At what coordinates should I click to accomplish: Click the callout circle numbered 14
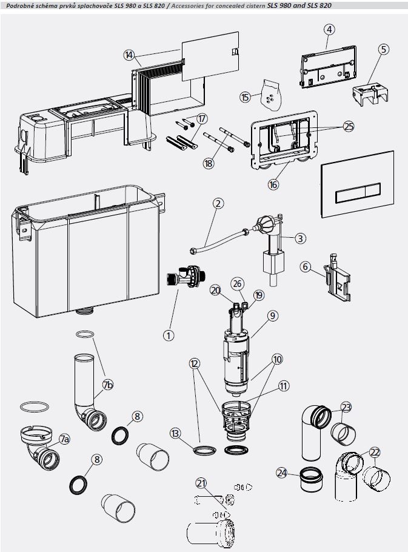click(129, 55)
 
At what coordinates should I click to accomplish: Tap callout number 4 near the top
click(329, 29)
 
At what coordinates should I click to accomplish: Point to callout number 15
click(245, 97)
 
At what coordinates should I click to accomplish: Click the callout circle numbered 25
click(348, 127)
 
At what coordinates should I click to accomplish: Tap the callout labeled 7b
click(108, 385)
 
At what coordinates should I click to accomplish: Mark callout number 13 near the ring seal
click(175, 433)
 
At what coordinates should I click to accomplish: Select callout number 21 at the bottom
click(201, 483)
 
